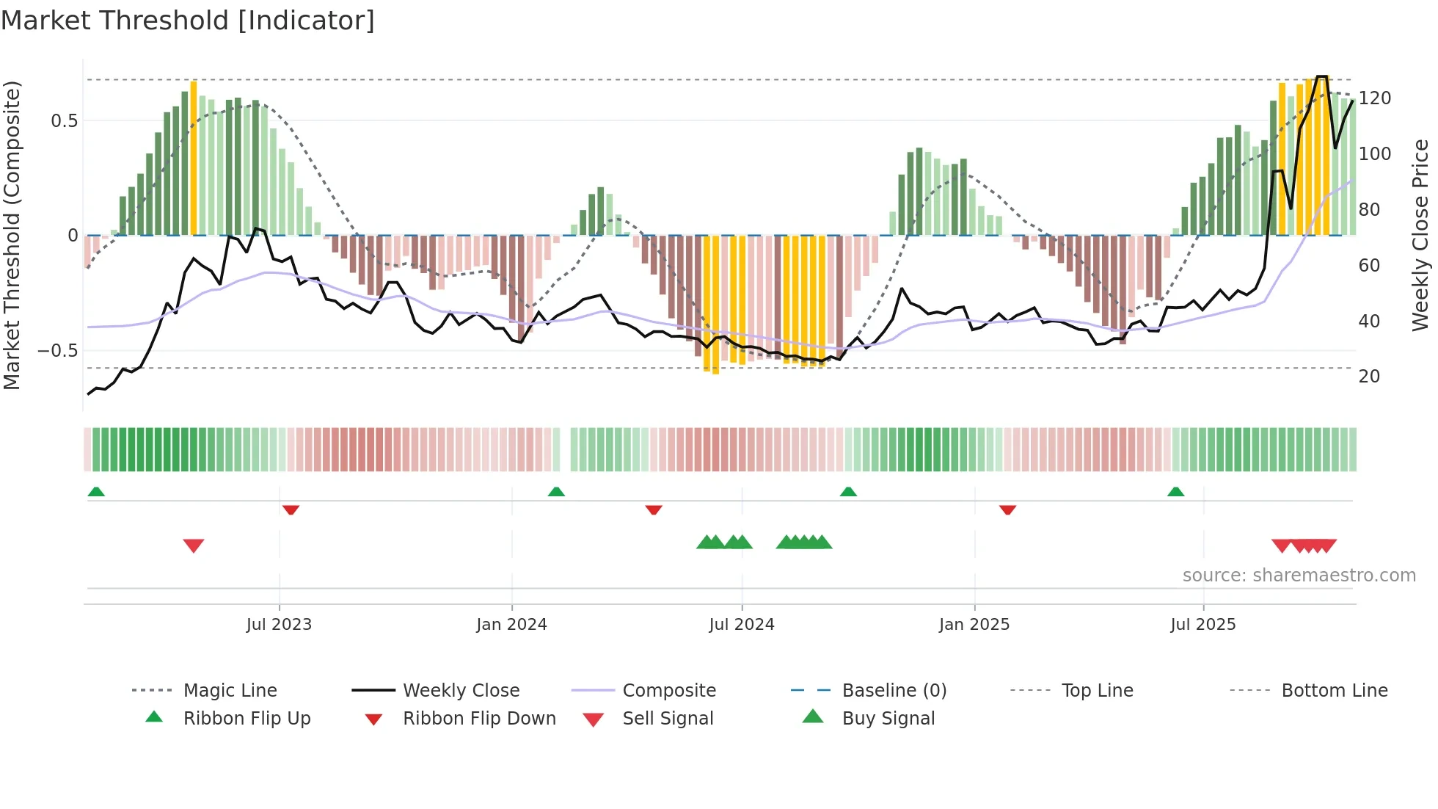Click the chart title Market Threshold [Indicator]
tap(188, 21)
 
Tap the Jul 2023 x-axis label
tap(279, 625)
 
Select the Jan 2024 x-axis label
tap(511, 625)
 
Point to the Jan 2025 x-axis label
tap(974, 625)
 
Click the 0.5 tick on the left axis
tap(65, 121)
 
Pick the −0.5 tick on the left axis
tap(58, 351)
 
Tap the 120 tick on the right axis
tap(1374, 98)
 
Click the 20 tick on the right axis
tap(1369, 377)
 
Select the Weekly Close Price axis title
tap(1420, 235)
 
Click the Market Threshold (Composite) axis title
tap(12, 235)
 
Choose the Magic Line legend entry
tap(230, 691)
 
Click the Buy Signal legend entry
tap(888, 719)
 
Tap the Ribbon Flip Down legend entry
tap(478, 719)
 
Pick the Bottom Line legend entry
tap(1334, 691)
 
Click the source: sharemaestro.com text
tap(1299, 576)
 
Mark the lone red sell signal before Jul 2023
tap(194, 545)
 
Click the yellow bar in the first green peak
tap(194, 158)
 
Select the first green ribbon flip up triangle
tap(96, 492)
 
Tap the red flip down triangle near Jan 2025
tap(1007, 509)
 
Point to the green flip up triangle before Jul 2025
tap(1175, 492)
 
